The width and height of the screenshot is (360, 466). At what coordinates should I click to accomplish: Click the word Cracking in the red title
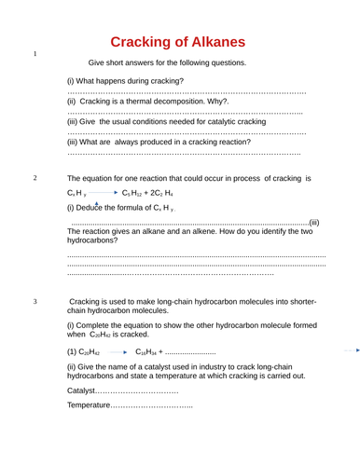(x=146, y=42)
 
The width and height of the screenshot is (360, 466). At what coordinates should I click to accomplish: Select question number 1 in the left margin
(x=35, y=54)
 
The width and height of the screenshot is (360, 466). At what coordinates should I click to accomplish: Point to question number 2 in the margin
(x=35, y=177)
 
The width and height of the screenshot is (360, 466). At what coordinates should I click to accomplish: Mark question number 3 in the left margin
(x=35, y=302)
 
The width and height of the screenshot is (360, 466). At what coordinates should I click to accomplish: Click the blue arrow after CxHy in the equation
(x=104, y=192)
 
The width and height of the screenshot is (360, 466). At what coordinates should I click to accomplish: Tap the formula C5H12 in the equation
(x=134, y=193)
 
